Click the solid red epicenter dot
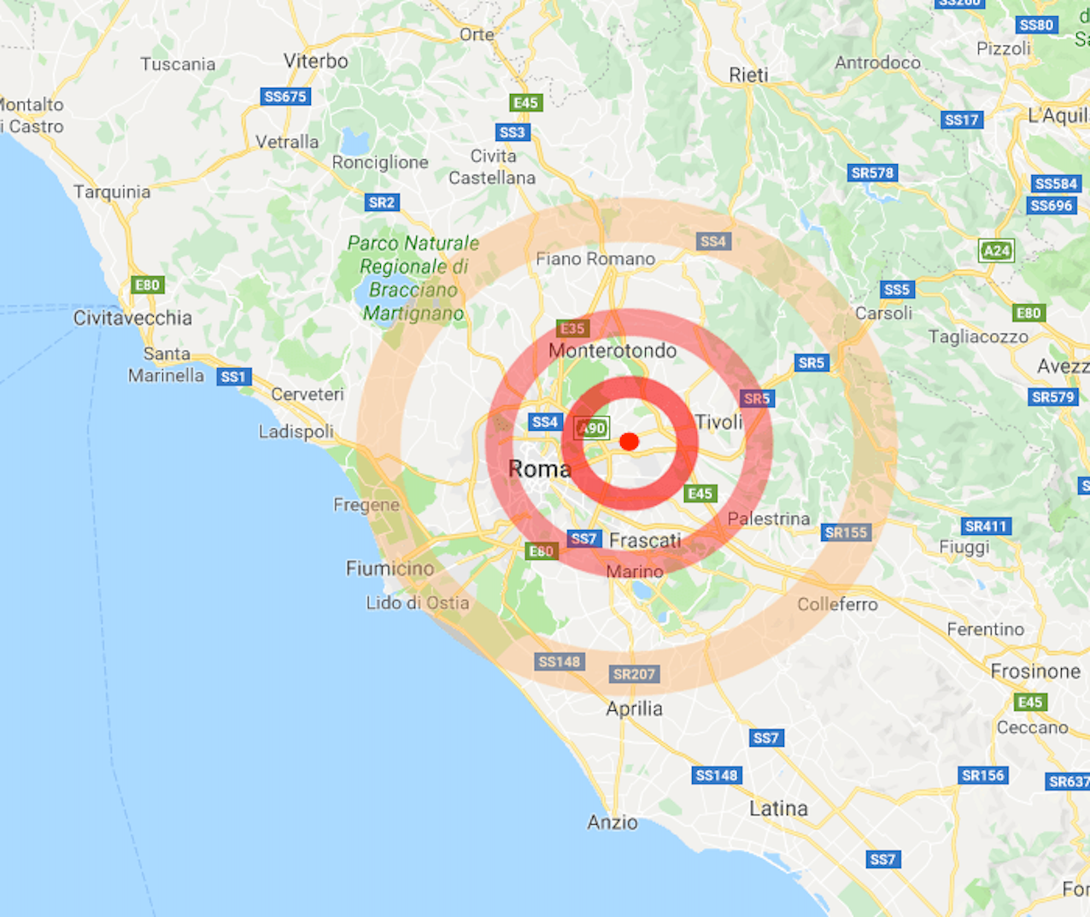pyautogui.click(x=630, y=442)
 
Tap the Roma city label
pyautogui.click(x=539, y=469)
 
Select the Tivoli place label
pyautogui.click(x=718, y=422)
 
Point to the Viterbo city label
pyautogui.click(x=315, y=62)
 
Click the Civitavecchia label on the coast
pyautogui.click(x=132, y=319)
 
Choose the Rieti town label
pyautogui.click(x=748, y=75)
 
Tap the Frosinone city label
pyautogui.click(x=1035, y=672)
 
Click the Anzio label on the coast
pyautogui.click(x=612, y=822)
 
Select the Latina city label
pyautogui.click(x=778, y=808)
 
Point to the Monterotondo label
pyautogui.click(x=612, y=350)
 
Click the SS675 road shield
pyautogui.click(x=285, y=97)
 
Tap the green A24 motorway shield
pyautogui.click(x=996, y=251)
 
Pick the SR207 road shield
pyautogui.click(x=634, y=674)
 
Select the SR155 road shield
pyautogui.click(x=846, y=532)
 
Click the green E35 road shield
pyautogui.click(x=572, y=328)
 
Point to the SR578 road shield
pyautogui.click(x=872, y=173)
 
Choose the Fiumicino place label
pyautogui.click(x=390, y=568)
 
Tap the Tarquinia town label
pyautogui.click(x=112, y=192)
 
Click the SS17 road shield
pyautogui.click(x=962, y=120)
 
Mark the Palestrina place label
pyautogui.click(x=769, y=519)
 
